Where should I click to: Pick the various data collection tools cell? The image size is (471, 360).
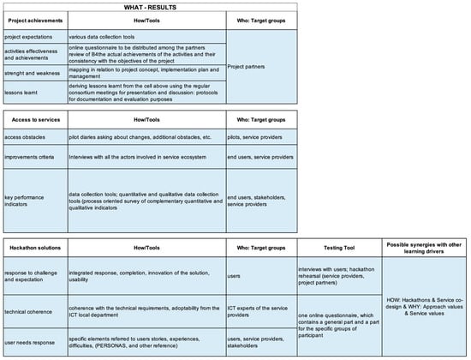pos(103,37)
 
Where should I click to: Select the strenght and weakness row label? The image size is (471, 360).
pos(32,74)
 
